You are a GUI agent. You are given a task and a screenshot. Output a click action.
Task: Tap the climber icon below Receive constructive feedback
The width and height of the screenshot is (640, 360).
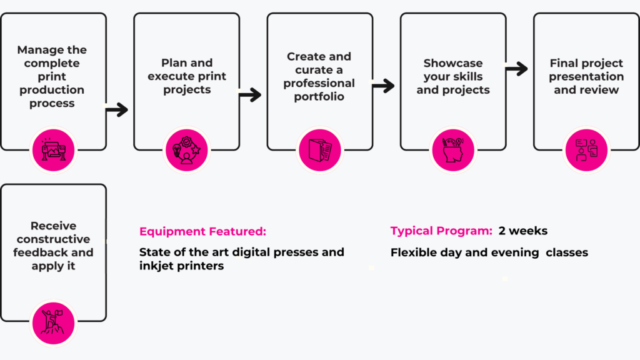pyautogui.click(x=53, y=321)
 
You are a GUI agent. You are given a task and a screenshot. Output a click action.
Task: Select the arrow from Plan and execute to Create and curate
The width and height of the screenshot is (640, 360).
pyautogui.click(x=250, y=95)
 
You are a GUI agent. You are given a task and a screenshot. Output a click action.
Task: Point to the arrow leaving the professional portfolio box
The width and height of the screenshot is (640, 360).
pyautogui.click(x=383, y=86)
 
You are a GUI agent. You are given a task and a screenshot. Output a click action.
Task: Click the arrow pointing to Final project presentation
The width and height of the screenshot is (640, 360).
pyautogui.click(x=516, y=69)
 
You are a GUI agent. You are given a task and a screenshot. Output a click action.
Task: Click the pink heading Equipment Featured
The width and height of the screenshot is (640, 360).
pyautogui.click(x=202, y=231)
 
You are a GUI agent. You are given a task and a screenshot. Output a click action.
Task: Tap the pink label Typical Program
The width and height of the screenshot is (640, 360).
pyautogui.click(x=441, y=231)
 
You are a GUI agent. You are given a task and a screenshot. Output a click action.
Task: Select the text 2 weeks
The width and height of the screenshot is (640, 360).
pyautogui.click(x=522, y=231)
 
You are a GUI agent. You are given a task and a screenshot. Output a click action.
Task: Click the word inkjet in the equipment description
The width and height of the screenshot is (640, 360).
pyautogui.click(x=157, y=266)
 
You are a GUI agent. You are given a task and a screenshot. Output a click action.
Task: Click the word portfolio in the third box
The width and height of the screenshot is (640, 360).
pyautogui.click(x=319, y=96)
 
